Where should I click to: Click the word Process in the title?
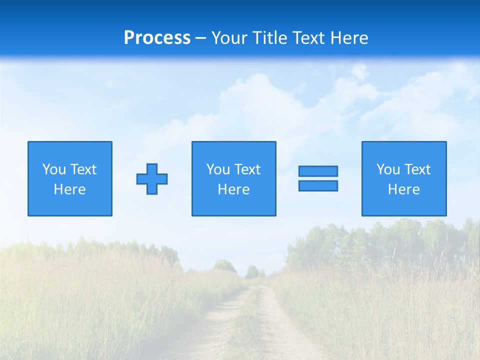(157, 38)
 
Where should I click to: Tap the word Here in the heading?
(349, 38)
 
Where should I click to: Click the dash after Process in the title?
(200, 38)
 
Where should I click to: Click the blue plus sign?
(152, 178)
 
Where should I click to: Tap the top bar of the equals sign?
(318, 171)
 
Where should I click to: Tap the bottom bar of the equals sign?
(318, 185)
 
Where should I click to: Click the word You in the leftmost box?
(54, 169)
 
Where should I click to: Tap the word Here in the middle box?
(234, 189)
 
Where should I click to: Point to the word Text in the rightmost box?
(417, 169)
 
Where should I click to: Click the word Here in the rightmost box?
(404, 189)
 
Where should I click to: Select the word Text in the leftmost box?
(83, 169)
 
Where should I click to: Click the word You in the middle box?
(218, 169)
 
